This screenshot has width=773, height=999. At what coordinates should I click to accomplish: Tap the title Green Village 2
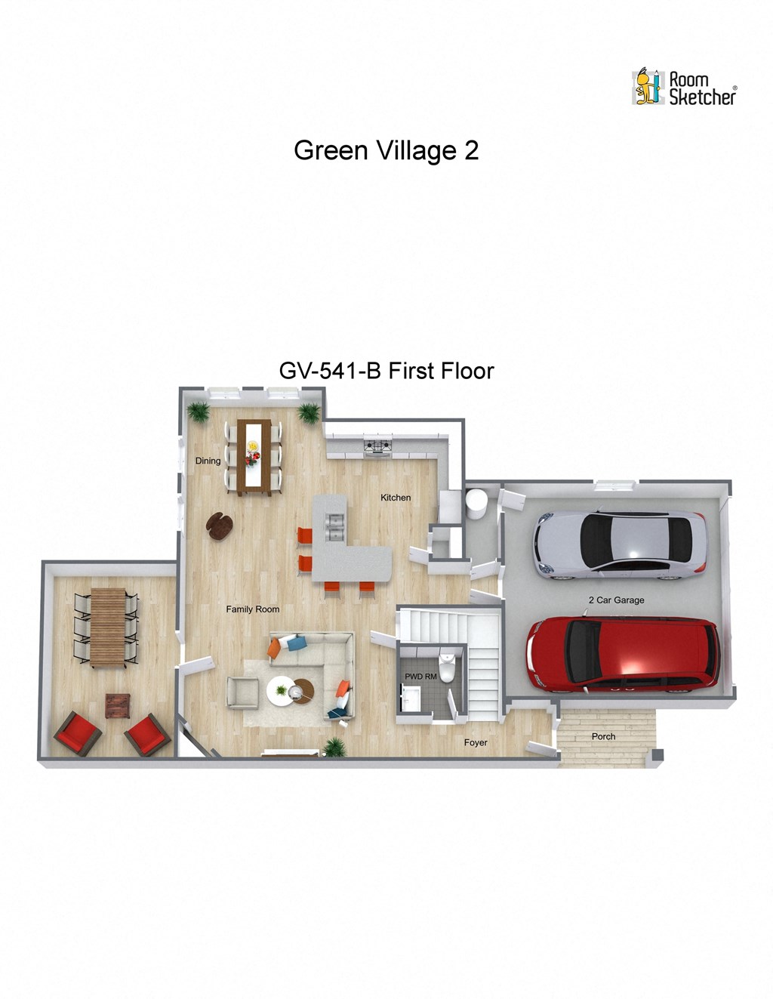(386, 150)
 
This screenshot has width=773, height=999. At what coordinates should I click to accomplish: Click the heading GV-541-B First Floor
(386, 371)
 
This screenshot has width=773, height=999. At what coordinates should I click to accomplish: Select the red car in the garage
(623, 654)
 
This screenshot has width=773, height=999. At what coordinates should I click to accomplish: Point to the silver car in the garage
(620, 544)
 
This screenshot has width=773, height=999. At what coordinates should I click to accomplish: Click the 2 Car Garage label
(616, 600)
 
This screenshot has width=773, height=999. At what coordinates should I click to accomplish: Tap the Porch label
(603, 736)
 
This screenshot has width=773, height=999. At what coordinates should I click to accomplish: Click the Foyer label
(476, 743)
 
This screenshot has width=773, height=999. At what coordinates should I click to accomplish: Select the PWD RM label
(420, 677)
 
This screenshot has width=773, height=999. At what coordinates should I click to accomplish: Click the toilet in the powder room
(448, 668)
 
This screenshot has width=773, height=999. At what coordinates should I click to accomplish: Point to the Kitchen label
(396, 498)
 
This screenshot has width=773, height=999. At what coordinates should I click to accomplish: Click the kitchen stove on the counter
(377, 447)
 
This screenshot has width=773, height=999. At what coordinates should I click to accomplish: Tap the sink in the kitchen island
(333, 526)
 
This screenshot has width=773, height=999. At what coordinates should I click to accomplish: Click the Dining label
(208, 461)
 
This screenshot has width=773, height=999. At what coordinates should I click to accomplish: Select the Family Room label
(253, 609)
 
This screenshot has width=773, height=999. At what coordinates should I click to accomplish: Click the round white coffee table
(282, 690)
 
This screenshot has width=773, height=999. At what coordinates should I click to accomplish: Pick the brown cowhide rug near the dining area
(219, 526)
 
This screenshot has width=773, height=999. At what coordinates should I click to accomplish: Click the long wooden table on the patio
(107, 627)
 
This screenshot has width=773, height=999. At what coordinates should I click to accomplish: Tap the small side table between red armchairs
(117, 706)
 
